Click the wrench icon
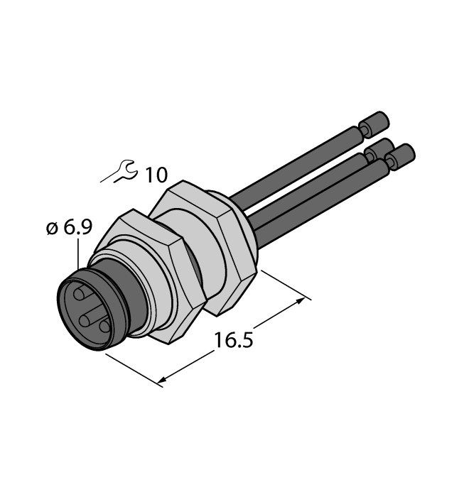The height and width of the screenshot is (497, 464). point(119,171)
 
